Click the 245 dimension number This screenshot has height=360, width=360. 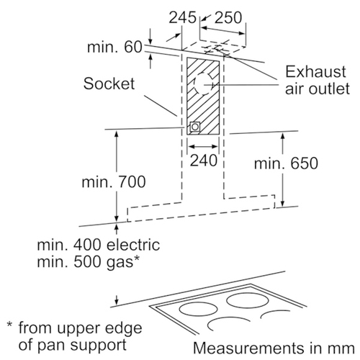[x=183, y=17]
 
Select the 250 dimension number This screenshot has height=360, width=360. [x=228, y=17]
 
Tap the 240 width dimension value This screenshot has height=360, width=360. [x=204, y=160]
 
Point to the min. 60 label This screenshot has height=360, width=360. [x=114, y=47]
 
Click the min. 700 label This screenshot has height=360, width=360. [x=114, y=181]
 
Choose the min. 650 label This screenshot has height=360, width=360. [x=286, y=163]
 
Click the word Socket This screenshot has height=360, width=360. [x=109, y=84]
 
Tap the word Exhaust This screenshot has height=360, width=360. [x=315, y=71]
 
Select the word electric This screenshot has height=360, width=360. [x=133, y=245]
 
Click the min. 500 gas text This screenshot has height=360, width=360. [x=89, y=261]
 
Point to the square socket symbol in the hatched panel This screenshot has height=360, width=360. [x=194, y=127]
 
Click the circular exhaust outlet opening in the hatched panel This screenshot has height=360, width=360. [x=204, y=84]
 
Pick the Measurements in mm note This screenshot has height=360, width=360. [x=274, y=348]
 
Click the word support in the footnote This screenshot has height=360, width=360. [x=99, y=345]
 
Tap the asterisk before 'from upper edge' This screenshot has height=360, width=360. [x=9, y=325]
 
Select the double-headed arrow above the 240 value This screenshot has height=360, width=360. [x=203, y=146]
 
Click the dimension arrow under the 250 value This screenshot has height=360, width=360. [x=223, y=31]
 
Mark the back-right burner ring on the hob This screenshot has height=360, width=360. [x=248, y=300]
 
